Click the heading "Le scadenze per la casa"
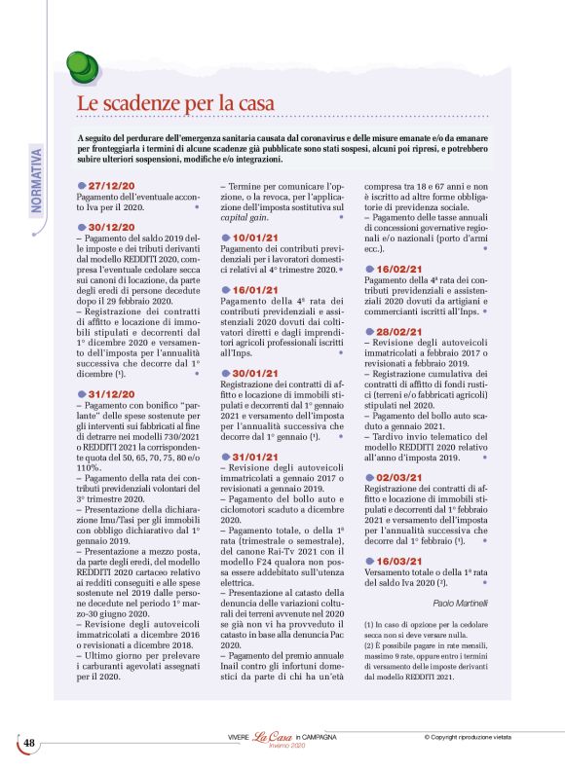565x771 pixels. pos(175,102)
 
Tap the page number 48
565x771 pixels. pos(29,744)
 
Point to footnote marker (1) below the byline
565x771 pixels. pos(369,623)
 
